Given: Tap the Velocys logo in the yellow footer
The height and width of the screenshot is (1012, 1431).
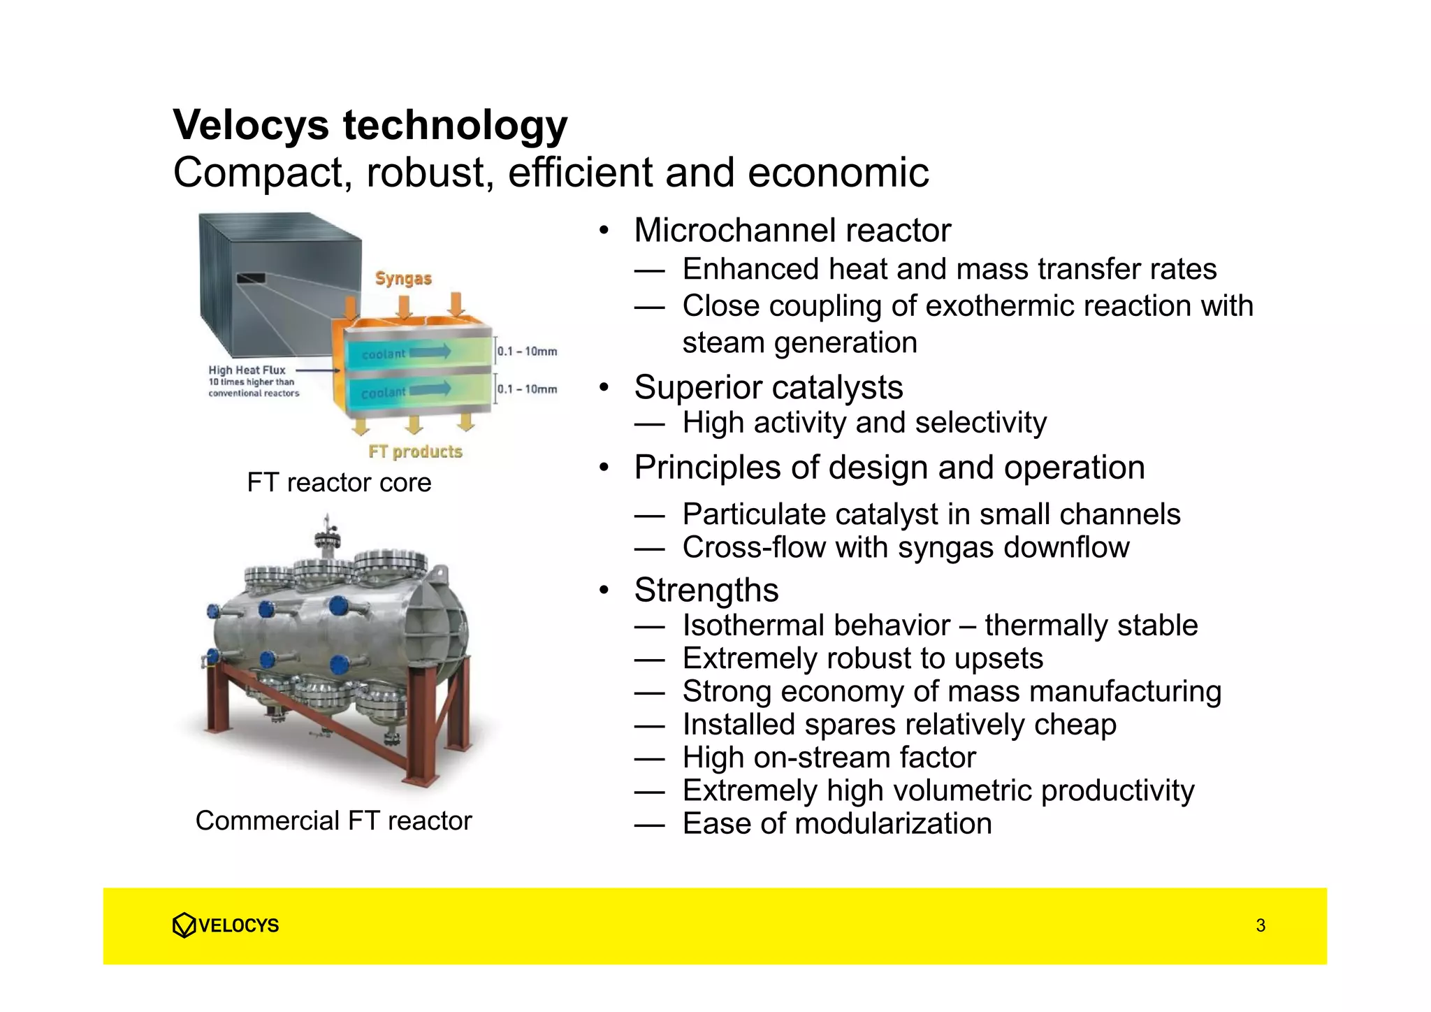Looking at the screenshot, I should [x=225, y=925].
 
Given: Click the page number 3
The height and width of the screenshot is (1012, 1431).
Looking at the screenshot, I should [x=1261, y=925].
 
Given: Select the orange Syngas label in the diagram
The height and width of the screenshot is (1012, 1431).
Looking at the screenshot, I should [x=403, y=278].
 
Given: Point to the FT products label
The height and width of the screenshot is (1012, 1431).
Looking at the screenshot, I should [x=416, y=451].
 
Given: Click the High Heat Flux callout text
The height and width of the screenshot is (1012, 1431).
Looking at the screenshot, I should [x=247, y=370].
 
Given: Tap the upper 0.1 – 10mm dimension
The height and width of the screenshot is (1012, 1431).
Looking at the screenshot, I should [x=527, y=351].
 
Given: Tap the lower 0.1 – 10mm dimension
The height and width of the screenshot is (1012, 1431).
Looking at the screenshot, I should [x=527, y=389].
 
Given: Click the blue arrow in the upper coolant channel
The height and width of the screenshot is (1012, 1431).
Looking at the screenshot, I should [x=430, y=352].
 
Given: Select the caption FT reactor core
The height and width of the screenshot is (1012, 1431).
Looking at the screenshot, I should [x=339, y=482].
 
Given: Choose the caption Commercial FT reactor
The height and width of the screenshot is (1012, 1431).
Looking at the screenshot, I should [x=333, y=821].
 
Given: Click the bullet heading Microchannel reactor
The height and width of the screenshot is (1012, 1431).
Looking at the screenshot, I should [x=792, y=231].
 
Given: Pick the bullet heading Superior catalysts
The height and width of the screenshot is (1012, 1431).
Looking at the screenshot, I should [x=769, y=387].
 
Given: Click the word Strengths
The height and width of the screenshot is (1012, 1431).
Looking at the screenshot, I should [x=706, y=590].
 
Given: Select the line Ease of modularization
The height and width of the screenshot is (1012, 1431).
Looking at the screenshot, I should [x=837, y=823].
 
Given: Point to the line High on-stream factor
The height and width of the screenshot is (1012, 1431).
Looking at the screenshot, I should [x=829, y=758].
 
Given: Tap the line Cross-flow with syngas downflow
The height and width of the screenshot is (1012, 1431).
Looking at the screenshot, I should [x=906, y=547].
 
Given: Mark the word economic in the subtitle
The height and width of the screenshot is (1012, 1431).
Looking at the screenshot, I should [x=838, y=173].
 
